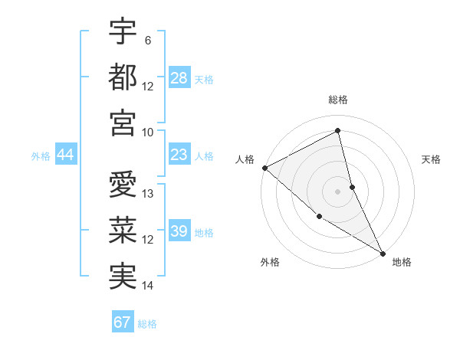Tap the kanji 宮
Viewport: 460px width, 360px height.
[x=123, y=123]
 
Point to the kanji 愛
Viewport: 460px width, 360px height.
[x=123, y=185]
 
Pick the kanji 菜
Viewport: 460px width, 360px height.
[x=123, y=231]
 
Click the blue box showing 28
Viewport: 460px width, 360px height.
[x=179, y=77]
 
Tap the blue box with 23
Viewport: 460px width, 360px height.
[x=179, y=155]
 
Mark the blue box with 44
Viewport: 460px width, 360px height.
[x=66, y=155]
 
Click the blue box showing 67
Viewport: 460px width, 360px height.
[x=123, y=322]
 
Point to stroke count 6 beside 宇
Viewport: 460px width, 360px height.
[x=147, y=40]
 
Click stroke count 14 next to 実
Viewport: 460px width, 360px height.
[x=148, y=286]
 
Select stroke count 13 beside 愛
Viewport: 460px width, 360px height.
[x=148, y=194]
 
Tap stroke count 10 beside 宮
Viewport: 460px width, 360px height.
[x=148, y=132]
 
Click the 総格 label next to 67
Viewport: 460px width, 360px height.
[x=147, y=324]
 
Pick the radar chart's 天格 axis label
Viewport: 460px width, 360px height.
[x=432, y=159]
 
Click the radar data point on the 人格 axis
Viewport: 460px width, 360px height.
[x=264, y=168]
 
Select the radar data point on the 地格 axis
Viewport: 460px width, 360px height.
[x=382, y=252]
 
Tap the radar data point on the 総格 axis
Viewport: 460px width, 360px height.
[x=338, y=131]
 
